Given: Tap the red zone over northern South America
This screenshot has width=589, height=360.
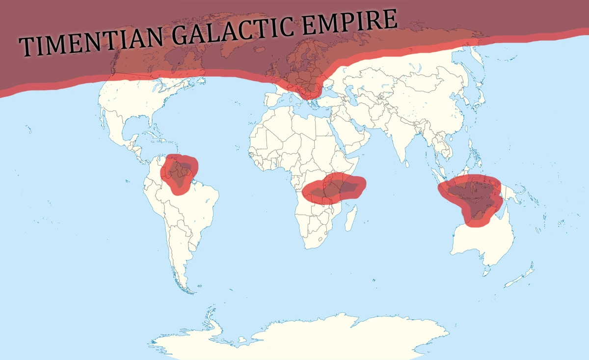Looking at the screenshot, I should coord(180,172).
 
